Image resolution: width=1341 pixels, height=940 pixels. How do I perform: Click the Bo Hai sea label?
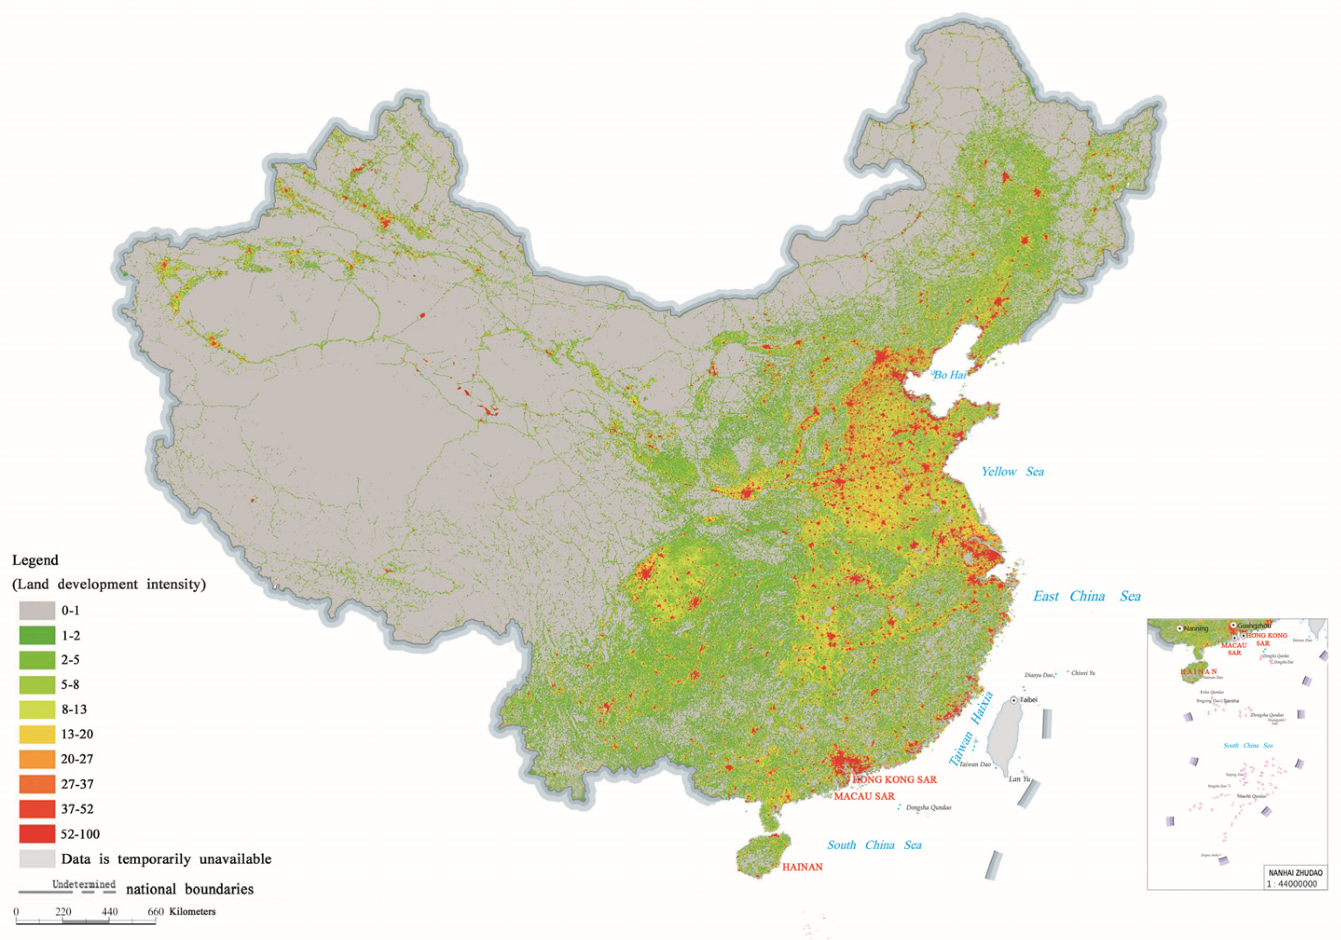pos(949,375)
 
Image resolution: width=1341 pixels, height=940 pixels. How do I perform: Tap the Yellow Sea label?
pos(1012,472)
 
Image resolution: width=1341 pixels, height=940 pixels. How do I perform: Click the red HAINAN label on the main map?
pos(802,867)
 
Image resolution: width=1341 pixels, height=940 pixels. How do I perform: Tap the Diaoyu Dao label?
pos(1038,675)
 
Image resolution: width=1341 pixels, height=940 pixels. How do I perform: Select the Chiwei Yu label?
pos(1083,673)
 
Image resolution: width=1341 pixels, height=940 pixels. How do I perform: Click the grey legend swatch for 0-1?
pos(37,611)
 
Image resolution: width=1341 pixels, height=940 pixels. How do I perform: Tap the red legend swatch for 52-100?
pos(37,834)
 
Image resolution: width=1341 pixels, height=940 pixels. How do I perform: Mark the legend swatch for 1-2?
pos(37,636)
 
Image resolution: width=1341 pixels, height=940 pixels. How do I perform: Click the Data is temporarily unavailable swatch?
pos(37,859)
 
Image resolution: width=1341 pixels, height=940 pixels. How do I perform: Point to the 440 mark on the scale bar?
pos(109,912)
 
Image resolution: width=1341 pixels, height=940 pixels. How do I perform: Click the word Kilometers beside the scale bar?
pos(192,912)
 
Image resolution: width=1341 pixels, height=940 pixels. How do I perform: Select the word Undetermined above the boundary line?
pos(83,884)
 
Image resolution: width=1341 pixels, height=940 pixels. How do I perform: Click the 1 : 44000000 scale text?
pos(1291,884)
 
